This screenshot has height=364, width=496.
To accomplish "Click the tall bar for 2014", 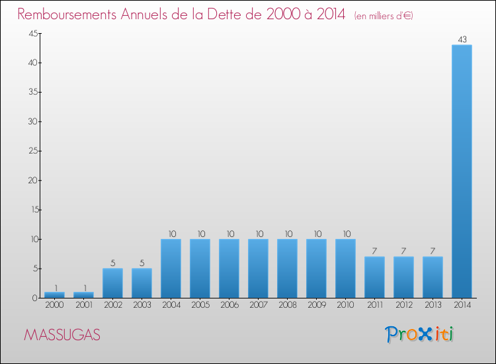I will (x=462, y=171).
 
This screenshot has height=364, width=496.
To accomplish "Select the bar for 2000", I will (x=54, y=295).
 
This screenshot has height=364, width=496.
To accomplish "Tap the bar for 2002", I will (x=112, y=283).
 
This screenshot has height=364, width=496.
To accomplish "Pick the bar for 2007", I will (x=258, y=268).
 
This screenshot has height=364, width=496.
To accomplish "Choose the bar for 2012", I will (x=403, y=277).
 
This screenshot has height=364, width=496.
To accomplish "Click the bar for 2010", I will (x=345, y=268).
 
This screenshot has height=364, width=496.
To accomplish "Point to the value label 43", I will (x=462, y=40).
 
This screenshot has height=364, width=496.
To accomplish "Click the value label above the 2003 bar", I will (x=142, y=263).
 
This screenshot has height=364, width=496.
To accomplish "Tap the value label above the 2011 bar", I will (x=374, y=251).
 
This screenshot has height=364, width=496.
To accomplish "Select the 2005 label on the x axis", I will (x=200, y=306).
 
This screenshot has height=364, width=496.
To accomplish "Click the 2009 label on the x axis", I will (x=316, y=306).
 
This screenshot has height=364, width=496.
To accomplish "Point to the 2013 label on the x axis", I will (x=433, y=306).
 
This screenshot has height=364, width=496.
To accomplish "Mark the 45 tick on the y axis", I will (x=31, y=34).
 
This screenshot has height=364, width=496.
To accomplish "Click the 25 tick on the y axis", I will (x=31, y=151).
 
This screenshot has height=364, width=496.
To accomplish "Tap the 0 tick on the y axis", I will (x=34, y=298).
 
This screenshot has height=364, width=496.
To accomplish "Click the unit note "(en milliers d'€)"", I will (x=384, y=15).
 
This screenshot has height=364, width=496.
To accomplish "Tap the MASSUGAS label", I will (x=62, y=335).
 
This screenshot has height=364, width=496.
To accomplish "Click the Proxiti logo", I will (x=419, y=334).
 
